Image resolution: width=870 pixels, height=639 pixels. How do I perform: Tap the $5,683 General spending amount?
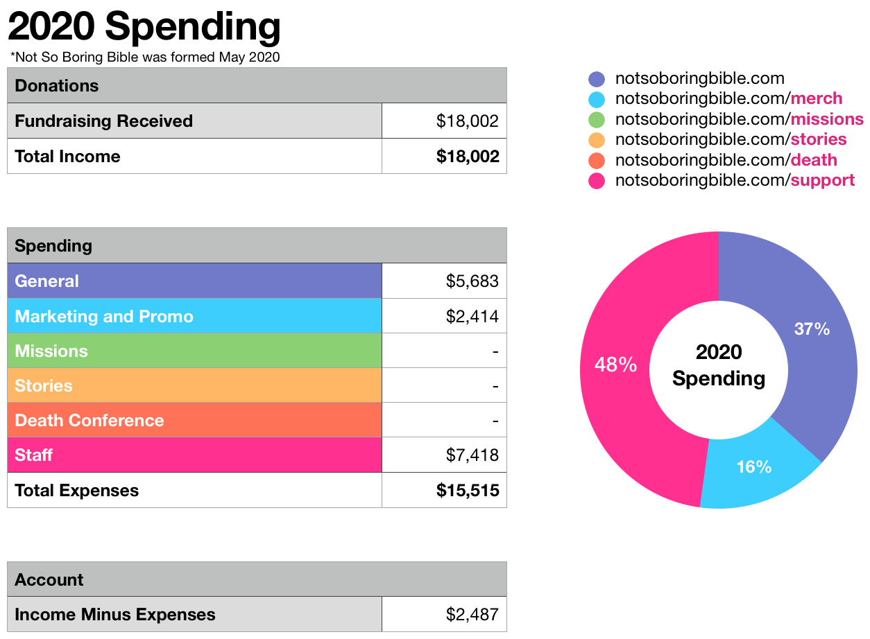click(472, 281)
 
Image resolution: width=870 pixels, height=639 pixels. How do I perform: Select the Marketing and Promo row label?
click(104, 316)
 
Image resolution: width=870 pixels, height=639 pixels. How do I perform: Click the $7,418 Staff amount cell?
click(472, 455)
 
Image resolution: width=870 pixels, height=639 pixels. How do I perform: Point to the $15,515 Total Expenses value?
click(468, 490)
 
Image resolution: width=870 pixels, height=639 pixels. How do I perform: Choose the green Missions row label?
click(51, 351)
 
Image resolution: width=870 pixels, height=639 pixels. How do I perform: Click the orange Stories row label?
click(44, 385)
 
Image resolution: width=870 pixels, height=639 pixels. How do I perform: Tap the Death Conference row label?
click(89, 420)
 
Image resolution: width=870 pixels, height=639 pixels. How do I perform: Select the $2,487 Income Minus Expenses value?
click(472, 614)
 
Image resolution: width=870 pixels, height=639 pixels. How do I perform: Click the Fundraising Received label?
click(103, 121)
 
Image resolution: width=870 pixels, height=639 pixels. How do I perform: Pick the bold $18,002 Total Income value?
click(468, 156)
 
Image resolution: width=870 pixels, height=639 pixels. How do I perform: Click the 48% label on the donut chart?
click(615, 365)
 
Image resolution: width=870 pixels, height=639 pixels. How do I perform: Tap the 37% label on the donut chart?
click(812, 329)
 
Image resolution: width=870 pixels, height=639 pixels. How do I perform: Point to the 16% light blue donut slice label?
click(753, 467)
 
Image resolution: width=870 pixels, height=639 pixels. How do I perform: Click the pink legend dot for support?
click(596, 181)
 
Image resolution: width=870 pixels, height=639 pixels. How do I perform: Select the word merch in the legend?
click(817, 98)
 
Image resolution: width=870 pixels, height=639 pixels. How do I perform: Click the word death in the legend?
click(814, 160)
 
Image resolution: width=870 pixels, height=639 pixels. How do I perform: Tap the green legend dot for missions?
click(596, 119)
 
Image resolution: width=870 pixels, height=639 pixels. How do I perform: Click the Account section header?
click(49, 579)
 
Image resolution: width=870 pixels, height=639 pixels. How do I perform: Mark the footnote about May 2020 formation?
click(145, 58)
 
